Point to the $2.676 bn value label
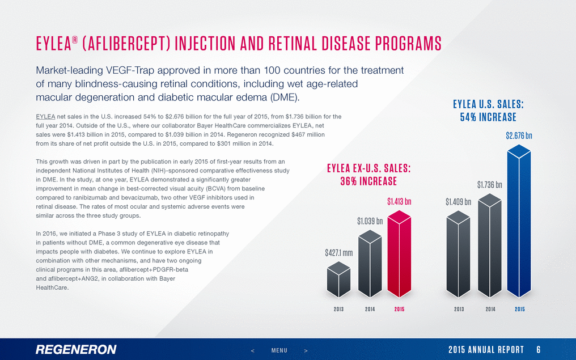coord(519,135)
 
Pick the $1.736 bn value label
coord(489,184)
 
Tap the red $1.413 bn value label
coord(399,201)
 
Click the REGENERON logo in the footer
coord(76,349)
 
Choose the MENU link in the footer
coord(279,350)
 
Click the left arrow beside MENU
coord(253,350)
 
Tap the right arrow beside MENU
coord(306,350)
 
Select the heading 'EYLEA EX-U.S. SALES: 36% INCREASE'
coord(369,175)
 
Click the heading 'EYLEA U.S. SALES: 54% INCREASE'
coord(488,111)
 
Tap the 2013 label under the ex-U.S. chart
coord(339,310)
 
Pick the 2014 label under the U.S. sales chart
coord(489,310)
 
